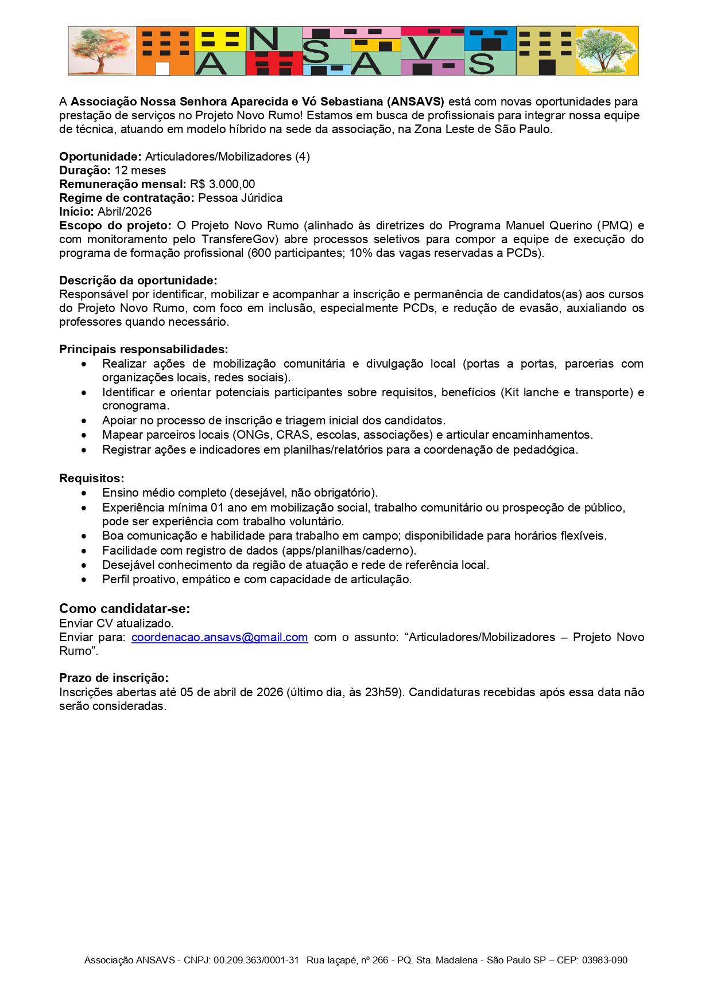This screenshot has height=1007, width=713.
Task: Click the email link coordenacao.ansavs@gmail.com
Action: [x=219, y=637]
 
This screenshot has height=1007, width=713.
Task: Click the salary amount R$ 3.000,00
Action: [x=223, y=184]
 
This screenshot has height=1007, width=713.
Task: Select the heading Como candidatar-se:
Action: [x=125, y=608]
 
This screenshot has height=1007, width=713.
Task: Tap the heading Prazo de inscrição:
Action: [x=114, y=678]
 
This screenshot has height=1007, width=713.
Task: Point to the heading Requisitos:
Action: [x=92, y=478]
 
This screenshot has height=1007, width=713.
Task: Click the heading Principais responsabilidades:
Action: [x=144, y=349]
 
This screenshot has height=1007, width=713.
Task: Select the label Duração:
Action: [x=85, y=170]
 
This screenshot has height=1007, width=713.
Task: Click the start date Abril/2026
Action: [x=125, y=212]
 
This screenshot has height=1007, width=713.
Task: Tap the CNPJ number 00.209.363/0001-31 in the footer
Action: [x=256, y=960]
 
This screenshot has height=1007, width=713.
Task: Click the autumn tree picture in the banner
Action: [x=102, y=51]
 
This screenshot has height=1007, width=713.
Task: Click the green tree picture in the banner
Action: [x=607, y=51]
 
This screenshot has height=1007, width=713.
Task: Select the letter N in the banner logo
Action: [x=263, y=39]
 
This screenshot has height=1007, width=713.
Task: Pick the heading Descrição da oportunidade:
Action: [x=138, y=280]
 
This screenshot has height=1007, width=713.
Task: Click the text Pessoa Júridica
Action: [x=240, y=198]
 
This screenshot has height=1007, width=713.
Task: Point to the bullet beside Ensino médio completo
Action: [x=84, y=493]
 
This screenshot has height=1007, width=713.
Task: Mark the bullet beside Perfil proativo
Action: [x=84, y=580]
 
